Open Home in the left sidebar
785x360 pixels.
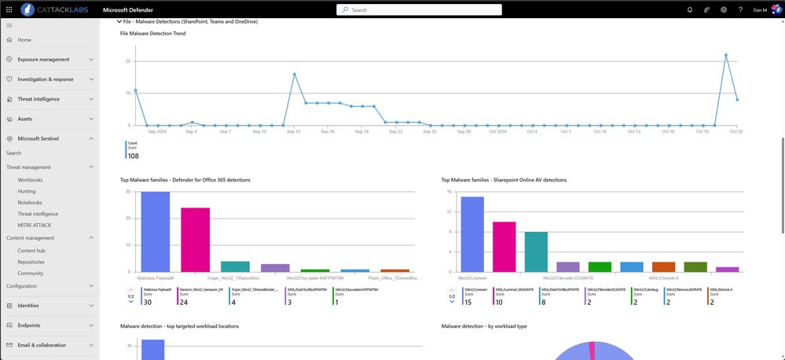point(24,39)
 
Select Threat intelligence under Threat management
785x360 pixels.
point(38,214)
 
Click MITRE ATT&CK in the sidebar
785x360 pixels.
point(35,226)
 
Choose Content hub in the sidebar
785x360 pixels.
point(32,250)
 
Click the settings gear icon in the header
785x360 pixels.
point(724,9)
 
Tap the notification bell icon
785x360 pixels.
point(690,9)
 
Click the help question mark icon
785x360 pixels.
point(740,9)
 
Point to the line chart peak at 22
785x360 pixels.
point(725,55)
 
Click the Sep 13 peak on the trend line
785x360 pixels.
point(294,74)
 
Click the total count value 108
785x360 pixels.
point(133,156)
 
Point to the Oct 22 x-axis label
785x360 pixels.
point(736,131)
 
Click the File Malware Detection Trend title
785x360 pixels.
point(152,33)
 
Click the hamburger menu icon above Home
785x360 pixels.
point(9,25)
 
